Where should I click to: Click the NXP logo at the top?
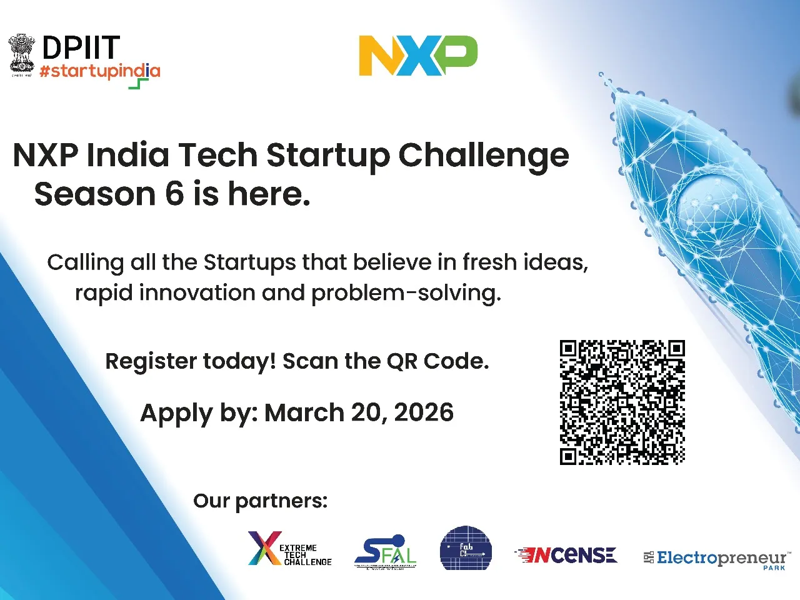pos(418,56)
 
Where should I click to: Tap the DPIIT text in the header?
pos(81,48)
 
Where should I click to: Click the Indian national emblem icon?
pos(21,55)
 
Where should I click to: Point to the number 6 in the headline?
pos(174,194)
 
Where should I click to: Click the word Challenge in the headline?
pos(484,156)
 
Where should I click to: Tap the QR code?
pos(622,402)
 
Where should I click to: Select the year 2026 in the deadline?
pos(424,412)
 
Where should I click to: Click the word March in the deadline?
pos(304,412)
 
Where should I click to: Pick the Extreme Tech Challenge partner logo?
pos(289,549)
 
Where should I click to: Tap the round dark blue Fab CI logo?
pos(466,549)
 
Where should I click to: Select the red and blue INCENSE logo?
pos(566,555)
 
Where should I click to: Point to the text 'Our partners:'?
pos(260,501)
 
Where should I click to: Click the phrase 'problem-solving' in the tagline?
pos(406,292)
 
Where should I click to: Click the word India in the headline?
pos(128,156)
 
